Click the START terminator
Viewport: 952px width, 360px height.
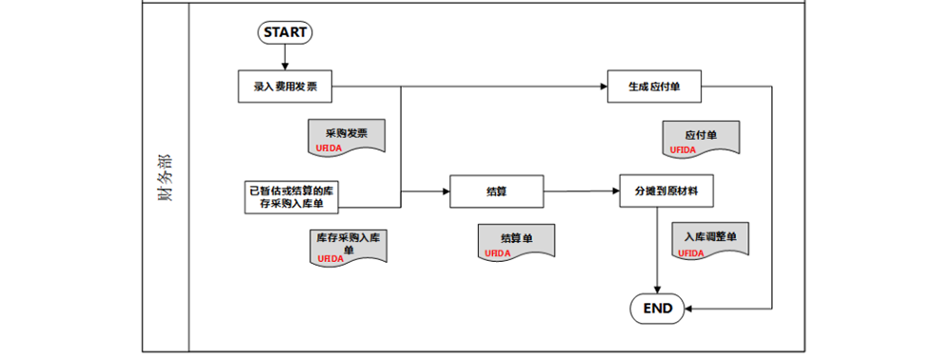(285, 31)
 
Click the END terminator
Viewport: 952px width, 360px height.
(658, 308)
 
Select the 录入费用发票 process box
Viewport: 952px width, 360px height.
(286, 87)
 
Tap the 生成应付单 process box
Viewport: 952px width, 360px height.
(653, 87)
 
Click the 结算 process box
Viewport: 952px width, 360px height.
(496, 190)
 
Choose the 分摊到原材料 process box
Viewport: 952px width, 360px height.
(665, 190)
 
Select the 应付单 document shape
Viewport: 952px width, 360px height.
(701, 139)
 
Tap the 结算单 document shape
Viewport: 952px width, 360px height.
(516, 242)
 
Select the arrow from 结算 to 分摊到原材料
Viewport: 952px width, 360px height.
(581, 190)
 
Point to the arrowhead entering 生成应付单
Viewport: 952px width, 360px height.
(602, 87)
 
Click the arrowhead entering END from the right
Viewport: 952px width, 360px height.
(691, 308)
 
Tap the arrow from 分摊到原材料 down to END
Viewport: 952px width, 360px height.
(658, 248)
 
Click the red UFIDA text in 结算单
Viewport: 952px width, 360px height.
(498, 253)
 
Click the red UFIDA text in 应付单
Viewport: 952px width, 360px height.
(683, 150)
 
